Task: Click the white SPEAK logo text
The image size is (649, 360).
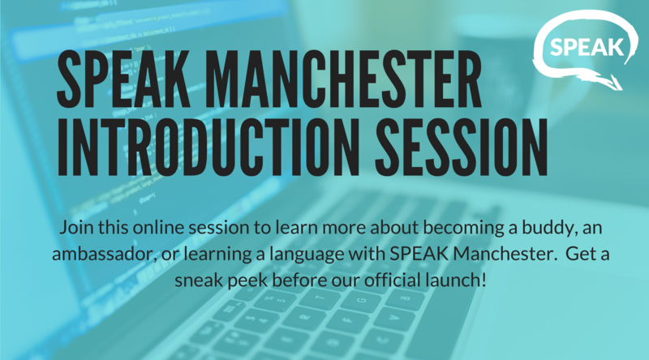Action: click(587, 47)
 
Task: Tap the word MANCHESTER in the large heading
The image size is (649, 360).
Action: click(342, 79)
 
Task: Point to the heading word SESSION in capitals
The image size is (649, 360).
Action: click(462, 148)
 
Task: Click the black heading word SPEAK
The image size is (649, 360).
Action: click(123, 79)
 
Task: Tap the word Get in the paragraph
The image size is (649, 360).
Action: click(579, 254)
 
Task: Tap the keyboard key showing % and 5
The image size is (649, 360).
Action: click(275, 298)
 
